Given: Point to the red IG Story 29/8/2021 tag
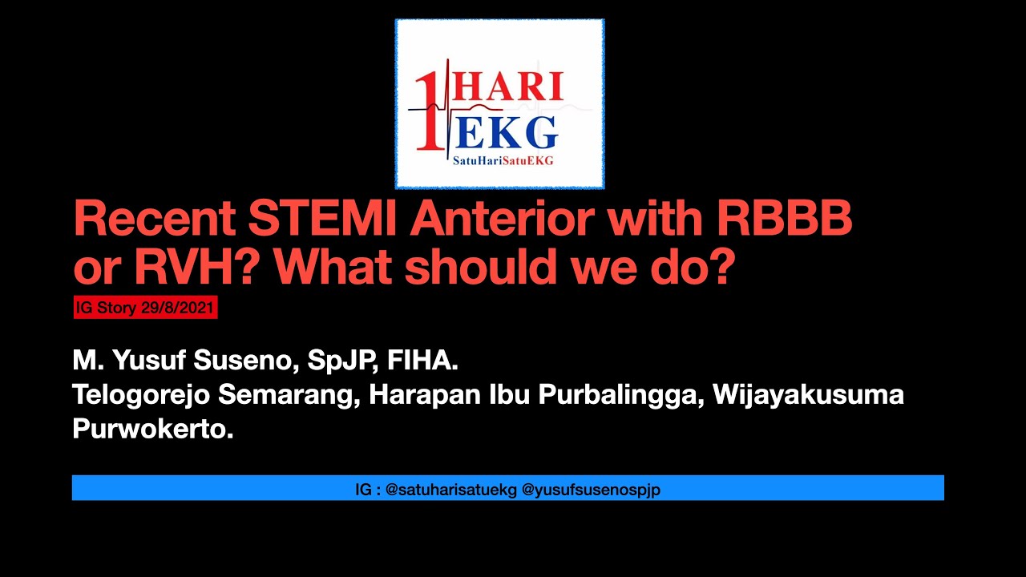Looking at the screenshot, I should pyautogui.click(x=145, y=308).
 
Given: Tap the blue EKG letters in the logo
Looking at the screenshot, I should pyautogui.click(x=507, y=132).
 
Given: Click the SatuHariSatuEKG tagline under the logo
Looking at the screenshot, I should pyautogui.click(x=503, y=160).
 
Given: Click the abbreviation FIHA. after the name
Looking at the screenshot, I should pyautogui.click(x=422, y=361).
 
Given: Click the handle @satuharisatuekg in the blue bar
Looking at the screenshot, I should pyautogui.click(x=451, y=489).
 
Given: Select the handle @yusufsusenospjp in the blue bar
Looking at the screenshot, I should pyautogui.click(x=591, y=489).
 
